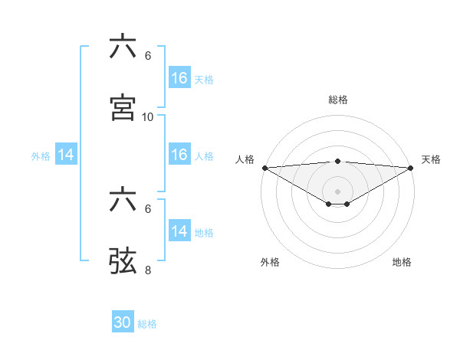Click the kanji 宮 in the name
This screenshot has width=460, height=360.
[123, 108]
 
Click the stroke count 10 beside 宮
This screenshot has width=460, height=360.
[148, 116]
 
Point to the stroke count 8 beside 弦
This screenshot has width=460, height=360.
[148, 270]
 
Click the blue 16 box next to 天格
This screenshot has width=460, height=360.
[179, 78]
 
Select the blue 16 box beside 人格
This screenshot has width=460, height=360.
[179, 155]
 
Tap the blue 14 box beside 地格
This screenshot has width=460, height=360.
[179, 231]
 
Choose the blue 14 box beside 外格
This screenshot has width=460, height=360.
[66, 155]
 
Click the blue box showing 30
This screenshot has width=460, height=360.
[123, 323]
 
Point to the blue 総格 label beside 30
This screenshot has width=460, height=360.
[147, 324]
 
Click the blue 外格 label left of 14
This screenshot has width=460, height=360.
[41, 155]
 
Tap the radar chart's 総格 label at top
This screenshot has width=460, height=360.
[337, 100]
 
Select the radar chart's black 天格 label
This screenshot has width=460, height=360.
[431, 159]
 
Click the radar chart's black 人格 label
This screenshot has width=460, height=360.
[245, 159]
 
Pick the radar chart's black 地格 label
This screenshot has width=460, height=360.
[402, 262]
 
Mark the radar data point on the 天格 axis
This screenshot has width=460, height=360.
[411, 168]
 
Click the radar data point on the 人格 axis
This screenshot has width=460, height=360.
[264, 168]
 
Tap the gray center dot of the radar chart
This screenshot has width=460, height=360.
[337, 191]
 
